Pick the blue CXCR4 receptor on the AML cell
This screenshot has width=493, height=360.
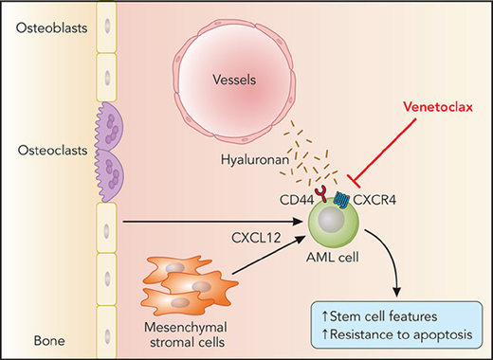[x=353, y=201]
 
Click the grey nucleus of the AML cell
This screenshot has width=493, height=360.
[x=334, y=228]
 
